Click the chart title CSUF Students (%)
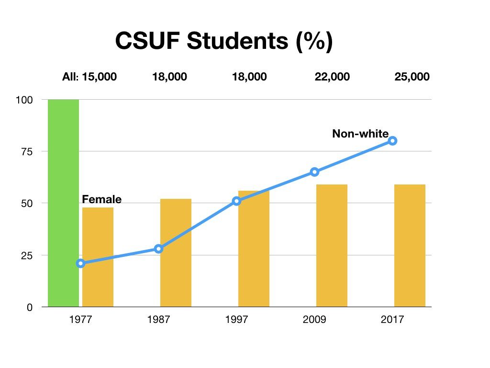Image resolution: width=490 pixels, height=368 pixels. click(223, 42)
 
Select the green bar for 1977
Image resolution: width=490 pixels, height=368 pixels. click(63, 203)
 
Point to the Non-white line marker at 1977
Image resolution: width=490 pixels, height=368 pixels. click(80, 263)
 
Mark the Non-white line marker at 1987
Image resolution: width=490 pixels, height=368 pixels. click(158, 249)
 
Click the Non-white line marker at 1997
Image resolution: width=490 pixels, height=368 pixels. click(236, 201)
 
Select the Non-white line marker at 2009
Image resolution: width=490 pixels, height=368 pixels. click(314, 172)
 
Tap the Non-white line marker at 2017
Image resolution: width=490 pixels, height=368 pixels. click(392, 140)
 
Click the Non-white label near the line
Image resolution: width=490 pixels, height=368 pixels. click(360, 134)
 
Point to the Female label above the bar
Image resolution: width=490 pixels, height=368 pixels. click(102, 199)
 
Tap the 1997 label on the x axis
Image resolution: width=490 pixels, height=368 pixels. click(236, 320)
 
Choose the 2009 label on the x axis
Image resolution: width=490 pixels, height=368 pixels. click(314, 320)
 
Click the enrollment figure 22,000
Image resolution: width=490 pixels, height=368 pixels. click(332, 77)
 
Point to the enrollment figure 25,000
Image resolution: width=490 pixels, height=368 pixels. click(412, 77)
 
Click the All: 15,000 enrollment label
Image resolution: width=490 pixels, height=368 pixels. click(89, 77)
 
